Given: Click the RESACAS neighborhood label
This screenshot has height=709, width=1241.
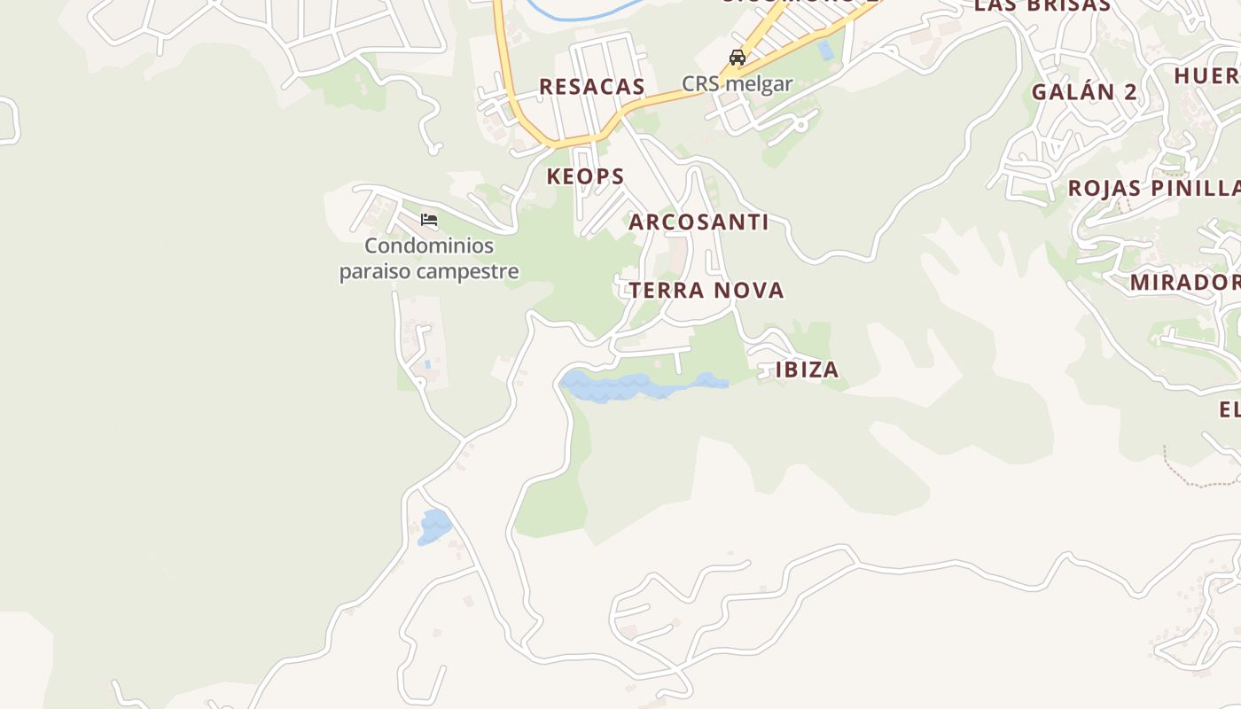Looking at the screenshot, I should [x=591, y=87].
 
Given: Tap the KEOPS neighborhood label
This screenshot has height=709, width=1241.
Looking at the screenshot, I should [x=585, y=176].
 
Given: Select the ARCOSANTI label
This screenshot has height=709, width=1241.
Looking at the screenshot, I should [x=699, y=222].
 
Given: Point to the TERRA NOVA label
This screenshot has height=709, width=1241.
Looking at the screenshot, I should [x=706, y=291].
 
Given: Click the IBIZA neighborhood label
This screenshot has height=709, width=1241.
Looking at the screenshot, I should [x=807, y=370].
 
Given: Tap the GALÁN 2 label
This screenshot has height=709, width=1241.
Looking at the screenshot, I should [x=1084, y=92].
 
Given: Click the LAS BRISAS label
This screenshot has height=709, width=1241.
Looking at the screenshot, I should [x=1042, y=5].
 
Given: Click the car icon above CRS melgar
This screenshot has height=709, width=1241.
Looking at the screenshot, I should [x=737, y=58].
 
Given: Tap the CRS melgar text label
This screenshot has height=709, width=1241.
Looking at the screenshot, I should [x=737, y=84].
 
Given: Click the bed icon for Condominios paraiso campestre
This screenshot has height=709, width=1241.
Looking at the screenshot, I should [x=429, y=220].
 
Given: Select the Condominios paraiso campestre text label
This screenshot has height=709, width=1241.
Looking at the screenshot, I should [x=429, y=259].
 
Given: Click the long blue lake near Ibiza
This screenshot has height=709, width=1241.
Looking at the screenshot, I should [x=638, y=386].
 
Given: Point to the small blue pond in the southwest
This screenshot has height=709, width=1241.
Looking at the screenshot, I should [x=434, y=526].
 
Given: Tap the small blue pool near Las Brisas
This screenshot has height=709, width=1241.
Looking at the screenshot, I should [x=826, y=51].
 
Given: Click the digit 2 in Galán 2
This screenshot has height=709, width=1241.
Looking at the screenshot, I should [x=1130, y=92].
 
